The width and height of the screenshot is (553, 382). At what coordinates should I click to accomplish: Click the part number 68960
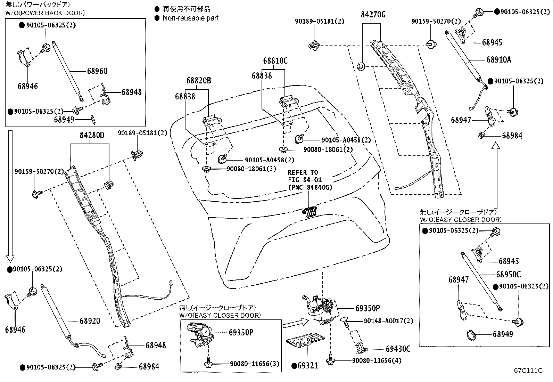(x=97, y=71)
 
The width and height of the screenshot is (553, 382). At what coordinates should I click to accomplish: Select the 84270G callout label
(x=373, y=15)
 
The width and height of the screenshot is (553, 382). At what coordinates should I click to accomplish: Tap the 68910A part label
(x=499, y=59)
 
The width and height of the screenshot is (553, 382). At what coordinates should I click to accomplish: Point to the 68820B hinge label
(x=199, y=80)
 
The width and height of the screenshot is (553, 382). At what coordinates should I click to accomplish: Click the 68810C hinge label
(x=275, y=60)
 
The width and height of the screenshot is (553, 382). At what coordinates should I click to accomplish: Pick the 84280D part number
(x=92, y=135)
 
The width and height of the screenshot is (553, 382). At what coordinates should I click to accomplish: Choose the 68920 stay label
(x=90, y=321)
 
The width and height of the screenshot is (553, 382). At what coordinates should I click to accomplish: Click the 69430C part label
(x=398, y=349)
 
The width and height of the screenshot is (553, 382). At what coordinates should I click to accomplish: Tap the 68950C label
(x=508, y=274)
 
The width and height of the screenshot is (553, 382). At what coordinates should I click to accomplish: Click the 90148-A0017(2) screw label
(x=388, y=321)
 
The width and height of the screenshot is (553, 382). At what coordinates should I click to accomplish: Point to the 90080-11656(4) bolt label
(x=377, y=360)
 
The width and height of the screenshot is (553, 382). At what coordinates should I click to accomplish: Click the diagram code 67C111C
(x=528, y=371)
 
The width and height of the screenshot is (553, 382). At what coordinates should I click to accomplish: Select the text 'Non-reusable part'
(x=191, y=18)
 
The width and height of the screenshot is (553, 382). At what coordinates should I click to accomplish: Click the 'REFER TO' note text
(x=303, y=172)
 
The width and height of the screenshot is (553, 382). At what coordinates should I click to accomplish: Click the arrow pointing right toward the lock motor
(x=296, y=324)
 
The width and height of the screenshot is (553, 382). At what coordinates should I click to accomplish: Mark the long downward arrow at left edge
(x=10, y=196)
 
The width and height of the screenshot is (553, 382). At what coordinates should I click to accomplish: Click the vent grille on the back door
(x=309, y=212)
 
